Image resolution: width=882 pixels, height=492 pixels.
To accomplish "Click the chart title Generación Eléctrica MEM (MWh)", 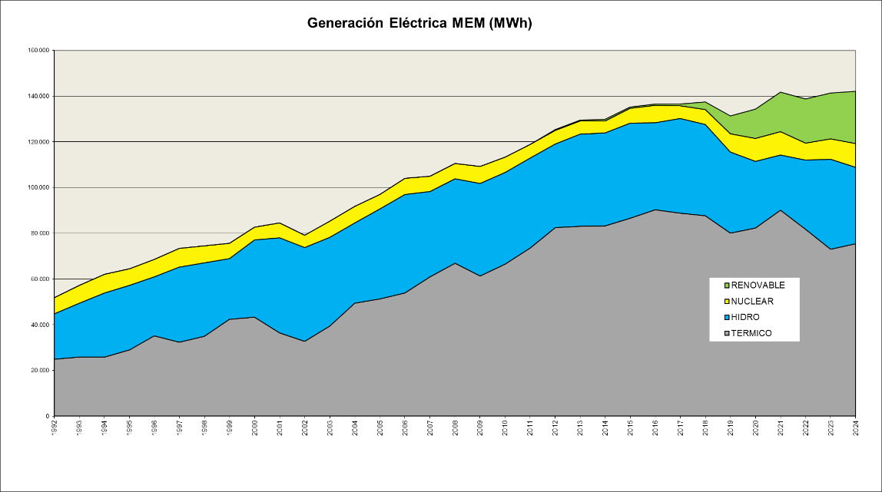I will point(419,23).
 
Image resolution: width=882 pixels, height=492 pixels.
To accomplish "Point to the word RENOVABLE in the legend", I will point(758,286).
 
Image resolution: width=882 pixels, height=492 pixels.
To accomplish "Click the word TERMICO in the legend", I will point(751,333).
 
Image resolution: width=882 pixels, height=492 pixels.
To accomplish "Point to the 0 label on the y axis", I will point(48,416).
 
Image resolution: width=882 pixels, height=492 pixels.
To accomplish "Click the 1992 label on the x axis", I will point(55,426).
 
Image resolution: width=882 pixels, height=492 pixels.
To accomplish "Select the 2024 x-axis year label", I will point(855,426).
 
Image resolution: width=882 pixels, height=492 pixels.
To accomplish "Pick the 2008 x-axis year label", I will point(455,426).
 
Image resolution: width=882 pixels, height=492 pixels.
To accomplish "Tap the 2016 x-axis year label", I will point(655,426).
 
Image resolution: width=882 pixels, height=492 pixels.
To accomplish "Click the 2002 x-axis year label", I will point(305,426).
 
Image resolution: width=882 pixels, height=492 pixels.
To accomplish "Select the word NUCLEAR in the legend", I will point(752,302).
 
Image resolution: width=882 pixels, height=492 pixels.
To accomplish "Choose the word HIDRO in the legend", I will point(746,317).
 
